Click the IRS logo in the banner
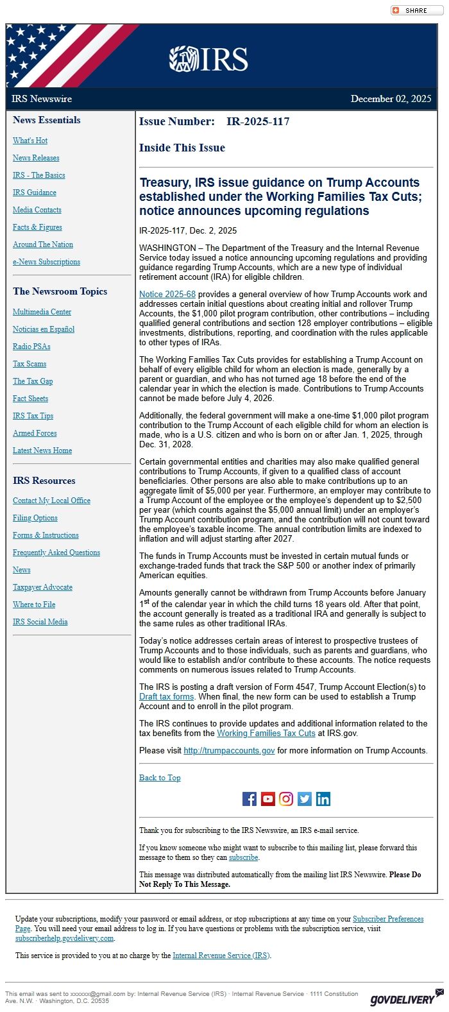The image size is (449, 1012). tap(208, 59)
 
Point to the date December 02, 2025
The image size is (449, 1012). tap(391, 99)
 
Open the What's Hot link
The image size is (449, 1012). tap(30, 141)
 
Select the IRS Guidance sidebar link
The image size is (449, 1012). tap(35, 193)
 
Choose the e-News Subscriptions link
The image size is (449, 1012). tap(46, 262)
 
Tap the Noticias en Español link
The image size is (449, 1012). tap(44, 329)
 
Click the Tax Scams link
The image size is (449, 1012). tap(30, 364)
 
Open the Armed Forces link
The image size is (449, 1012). tap(35, 433)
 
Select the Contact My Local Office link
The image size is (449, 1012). tap(51, 501)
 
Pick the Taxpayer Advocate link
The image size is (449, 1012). tap(42, 587)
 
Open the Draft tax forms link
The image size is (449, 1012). tap(167, 697)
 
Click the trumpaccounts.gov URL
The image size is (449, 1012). tap(229, 751)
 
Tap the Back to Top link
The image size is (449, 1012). tap(160, 778)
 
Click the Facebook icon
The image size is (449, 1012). tap(250, 799)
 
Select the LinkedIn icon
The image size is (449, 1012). tap(323, 799)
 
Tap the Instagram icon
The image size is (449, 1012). tap(286, 799)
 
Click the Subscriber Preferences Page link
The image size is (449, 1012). tap(388, 919)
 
